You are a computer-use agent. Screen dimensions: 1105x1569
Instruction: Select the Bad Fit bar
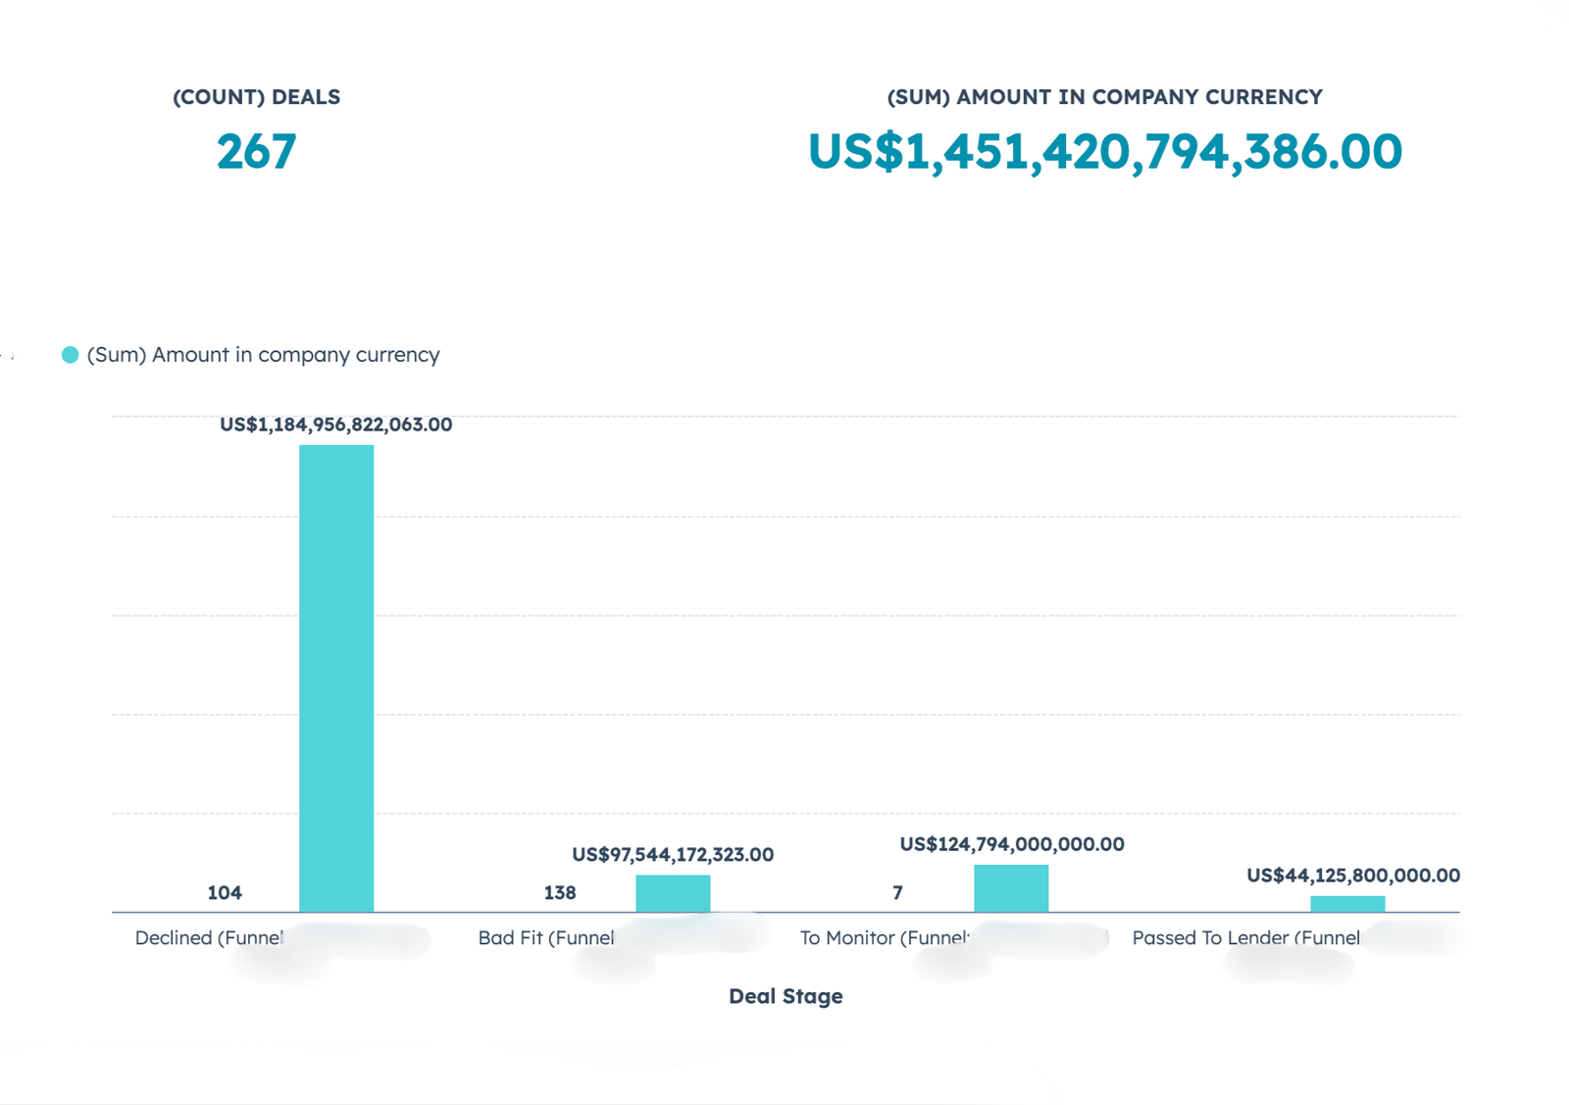point(673,893)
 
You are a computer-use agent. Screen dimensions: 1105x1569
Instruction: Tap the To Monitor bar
point(1011,888)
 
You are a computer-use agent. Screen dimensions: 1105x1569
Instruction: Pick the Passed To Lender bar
point(1347,904)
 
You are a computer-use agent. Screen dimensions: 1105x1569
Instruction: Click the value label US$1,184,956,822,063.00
point(335,425)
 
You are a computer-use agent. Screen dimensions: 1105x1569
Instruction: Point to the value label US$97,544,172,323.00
point(673,855)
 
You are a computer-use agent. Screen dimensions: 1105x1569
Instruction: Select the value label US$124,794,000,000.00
point(1012,844)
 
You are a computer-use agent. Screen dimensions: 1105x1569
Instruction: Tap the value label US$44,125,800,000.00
point(1353,876)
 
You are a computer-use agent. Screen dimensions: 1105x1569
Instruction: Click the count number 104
point(225,893)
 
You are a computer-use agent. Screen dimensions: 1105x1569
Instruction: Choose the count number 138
point(560,893)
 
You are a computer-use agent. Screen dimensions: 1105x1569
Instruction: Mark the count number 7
point(897,893)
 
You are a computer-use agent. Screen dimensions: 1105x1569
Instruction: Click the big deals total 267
point(256,152)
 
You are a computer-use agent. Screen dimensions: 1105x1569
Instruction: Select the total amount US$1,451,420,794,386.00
point(1105,152)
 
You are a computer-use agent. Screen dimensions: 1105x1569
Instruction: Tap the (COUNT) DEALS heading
point(256,97)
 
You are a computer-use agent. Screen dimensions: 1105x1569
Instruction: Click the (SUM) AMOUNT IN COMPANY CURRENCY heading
point(1104,97)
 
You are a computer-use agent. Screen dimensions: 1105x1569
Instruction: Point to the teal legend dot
point(70,355)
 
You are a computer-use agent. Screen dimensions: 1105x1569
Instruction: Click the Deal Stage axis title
point(785,996)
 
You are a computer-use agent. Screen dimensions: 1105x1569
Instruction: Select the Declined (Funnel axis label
point(209,938)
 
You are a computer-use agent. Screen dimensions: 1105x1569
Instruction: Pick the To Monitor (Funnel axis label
point(884,938)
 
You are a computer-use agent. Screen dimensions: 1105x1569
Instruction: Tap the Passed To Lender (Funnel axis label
point(1245,938)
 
